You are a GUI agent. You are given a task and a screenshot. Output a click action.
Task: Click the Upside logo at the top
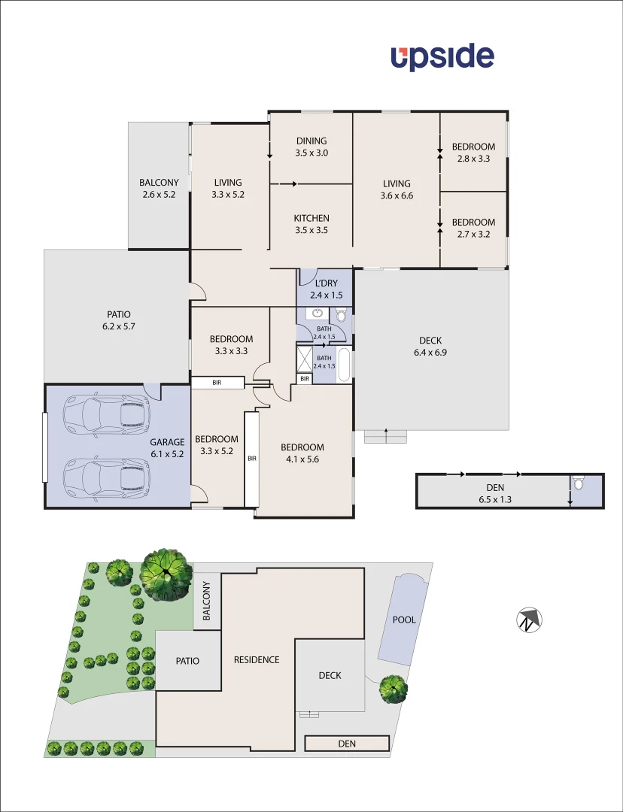coord(442,57)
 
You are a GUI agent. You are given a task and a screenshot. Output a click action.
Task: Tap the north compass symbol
coord(530,621)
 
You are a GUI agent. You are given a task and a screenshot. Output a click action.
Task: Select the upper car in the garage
coord(105,415)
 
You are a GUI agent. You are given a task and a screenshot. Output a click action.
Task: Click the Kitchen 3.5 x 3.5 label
coord(311,225)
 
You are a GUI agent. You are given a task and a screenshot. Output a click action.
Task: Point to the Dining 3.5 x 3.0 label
coord(311,147)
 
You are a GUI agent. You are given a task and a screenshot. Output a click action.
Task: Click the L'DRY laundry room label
coord(326,289)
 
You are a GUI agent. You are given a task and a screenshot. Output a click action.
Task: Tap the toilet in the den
coord(578,483)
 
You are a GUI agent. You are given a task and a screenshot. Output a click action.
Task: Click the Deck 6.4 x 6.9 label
coord(430,346)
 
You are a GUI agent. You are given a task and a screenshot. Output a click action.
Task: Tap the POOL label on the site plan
coord(404,620)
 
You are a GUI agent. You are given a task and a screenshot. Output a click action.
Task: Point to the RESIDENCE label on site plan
coord(256,660)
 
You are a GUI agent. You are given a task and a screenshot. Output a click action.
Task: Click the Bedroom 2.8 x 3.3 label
coord(473,153)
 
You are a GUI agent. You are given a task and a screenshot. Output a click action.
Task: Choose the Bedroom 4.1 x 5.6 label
coord(302,453)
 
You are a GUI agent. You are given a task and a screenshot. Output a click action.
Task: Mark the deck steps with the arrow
coord(386,435)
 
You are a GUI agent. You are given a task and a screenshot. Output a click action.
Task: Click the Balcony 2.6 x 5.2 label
coord(159,188)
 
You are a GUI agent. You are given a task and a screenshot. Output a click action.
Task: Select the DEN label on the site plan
coord(346,744)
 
